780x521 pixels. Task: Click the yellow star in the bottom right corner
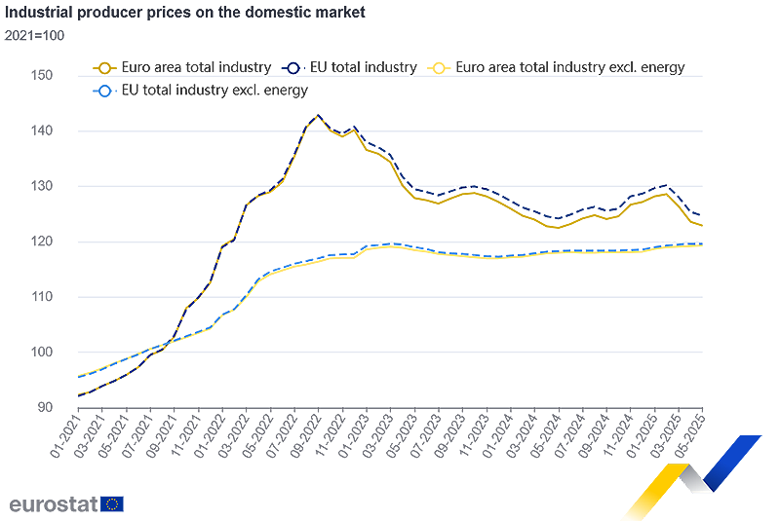(x=656, y=482)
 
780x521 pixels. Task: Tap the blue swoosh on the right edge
(x=736, y=428)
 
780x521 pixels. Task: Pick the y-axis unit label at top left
(x=23, y=26)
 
